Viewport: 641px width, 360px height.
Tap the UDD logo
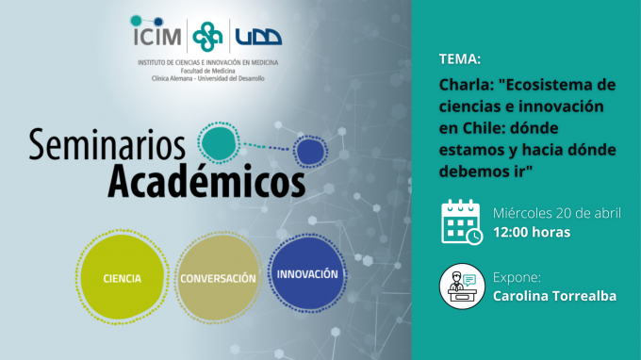click(258, 37)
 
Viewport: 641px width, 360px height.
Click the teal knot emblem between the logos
click(208, 37)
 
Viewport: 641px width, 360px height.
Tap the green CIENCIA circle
click(123, 278)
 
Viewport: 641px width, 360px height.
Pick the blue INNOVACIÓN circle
click(307, 274)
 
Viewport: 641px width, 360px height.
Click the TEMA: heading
click(460, 59)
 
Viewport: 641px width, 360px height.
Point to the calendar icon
click(462, 221)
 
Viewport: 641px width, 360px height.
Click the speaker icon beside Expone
click(462, 286)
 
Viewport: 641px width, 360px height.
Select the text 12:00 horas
click(532, 231)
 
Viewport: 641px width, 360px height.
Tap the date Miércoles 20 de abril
click(557, 211)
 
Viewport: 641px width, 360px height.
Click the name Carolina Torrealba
click(554, 297)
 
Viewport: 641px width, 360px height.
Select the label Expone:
click(518, 277)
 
